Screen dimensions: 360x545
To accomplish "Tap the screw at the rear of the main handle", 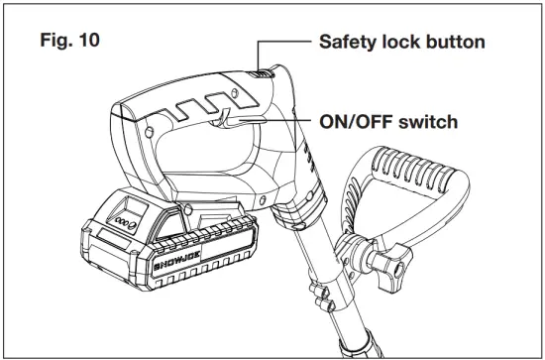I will click(x=148, y=129).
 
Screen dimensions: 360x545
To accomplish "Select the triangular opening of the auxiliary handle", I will click(x=401, y=203).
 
